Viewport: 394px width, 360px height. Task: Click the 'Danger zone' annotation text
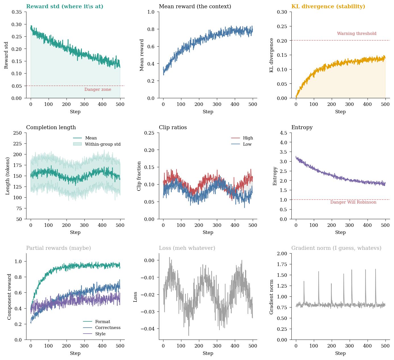tap(98, 90)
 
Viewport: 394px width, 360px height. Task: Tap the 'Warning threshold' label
tap(356, 34)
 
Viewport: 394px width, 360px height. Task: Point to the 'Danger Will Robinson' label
tap(353, 202)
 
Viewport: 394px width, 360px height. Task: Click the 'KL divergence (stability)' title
tap(328, 7)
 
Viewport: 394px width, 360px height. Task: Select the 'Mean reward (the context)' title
tap(195, 7)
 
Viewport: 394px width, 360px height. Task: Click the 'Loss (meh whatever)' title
tap(187, 248)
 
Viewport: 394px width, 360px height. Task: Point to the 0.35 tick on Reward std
tap(17, 12)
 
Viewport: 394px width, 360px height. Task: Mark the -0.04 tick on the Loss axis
tap(147, 329)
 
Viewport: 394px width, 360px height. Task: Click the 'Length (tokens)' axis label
tap(8, 176)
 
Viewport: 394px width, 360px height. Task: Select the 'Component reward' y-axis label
tap(9, 297)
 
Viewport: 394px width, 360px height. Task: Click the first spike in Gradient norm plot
tap(304, 281)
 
